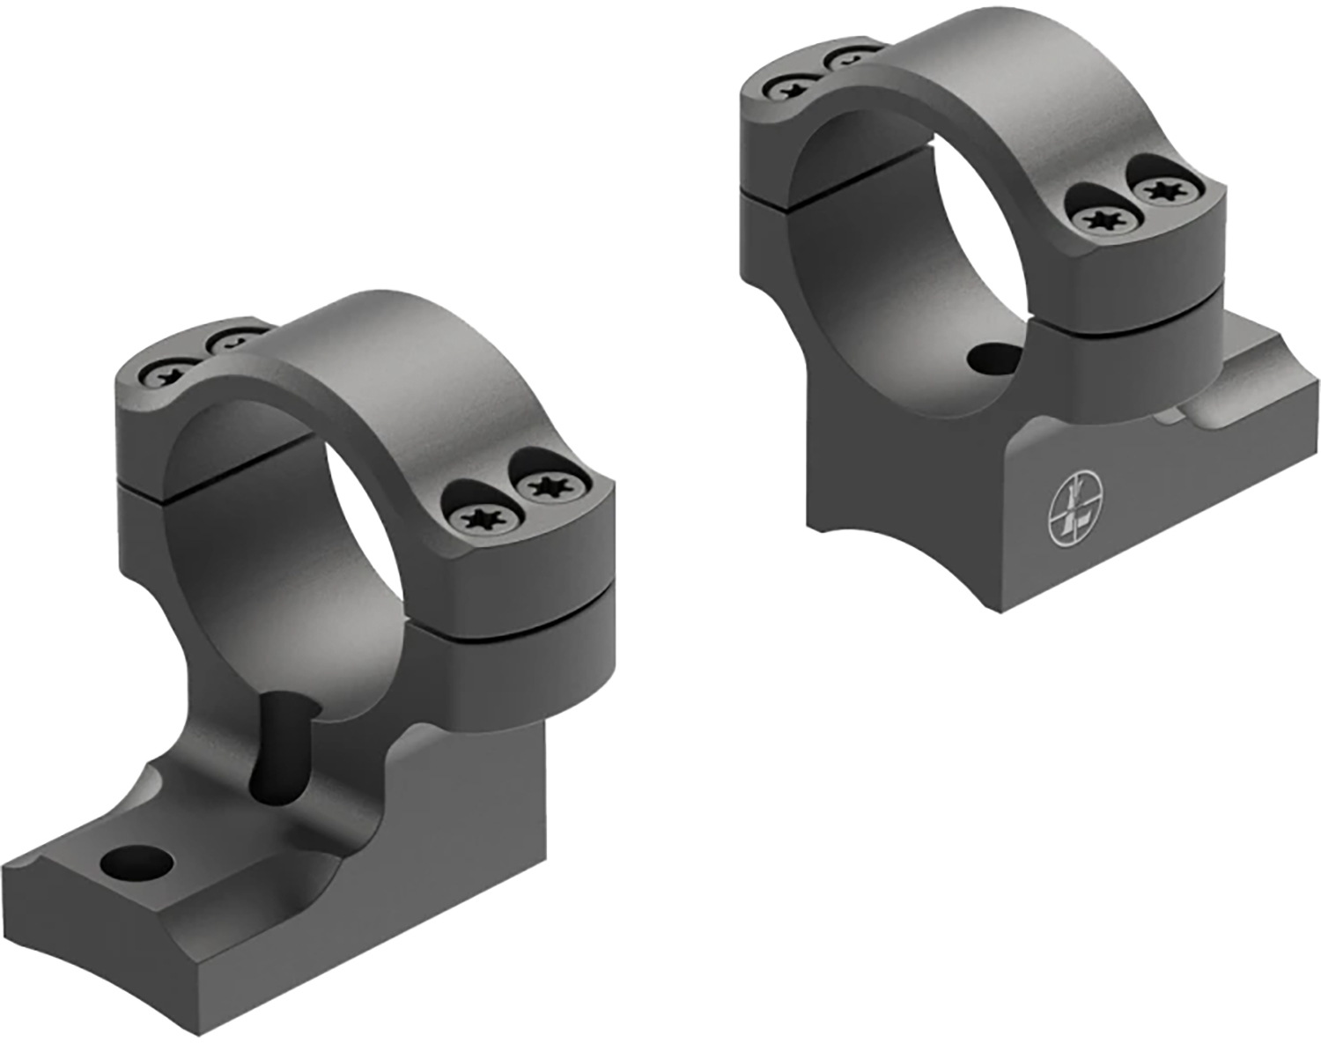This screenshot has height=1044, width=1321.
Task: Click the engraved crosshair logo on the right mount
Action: (1077, 508)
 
